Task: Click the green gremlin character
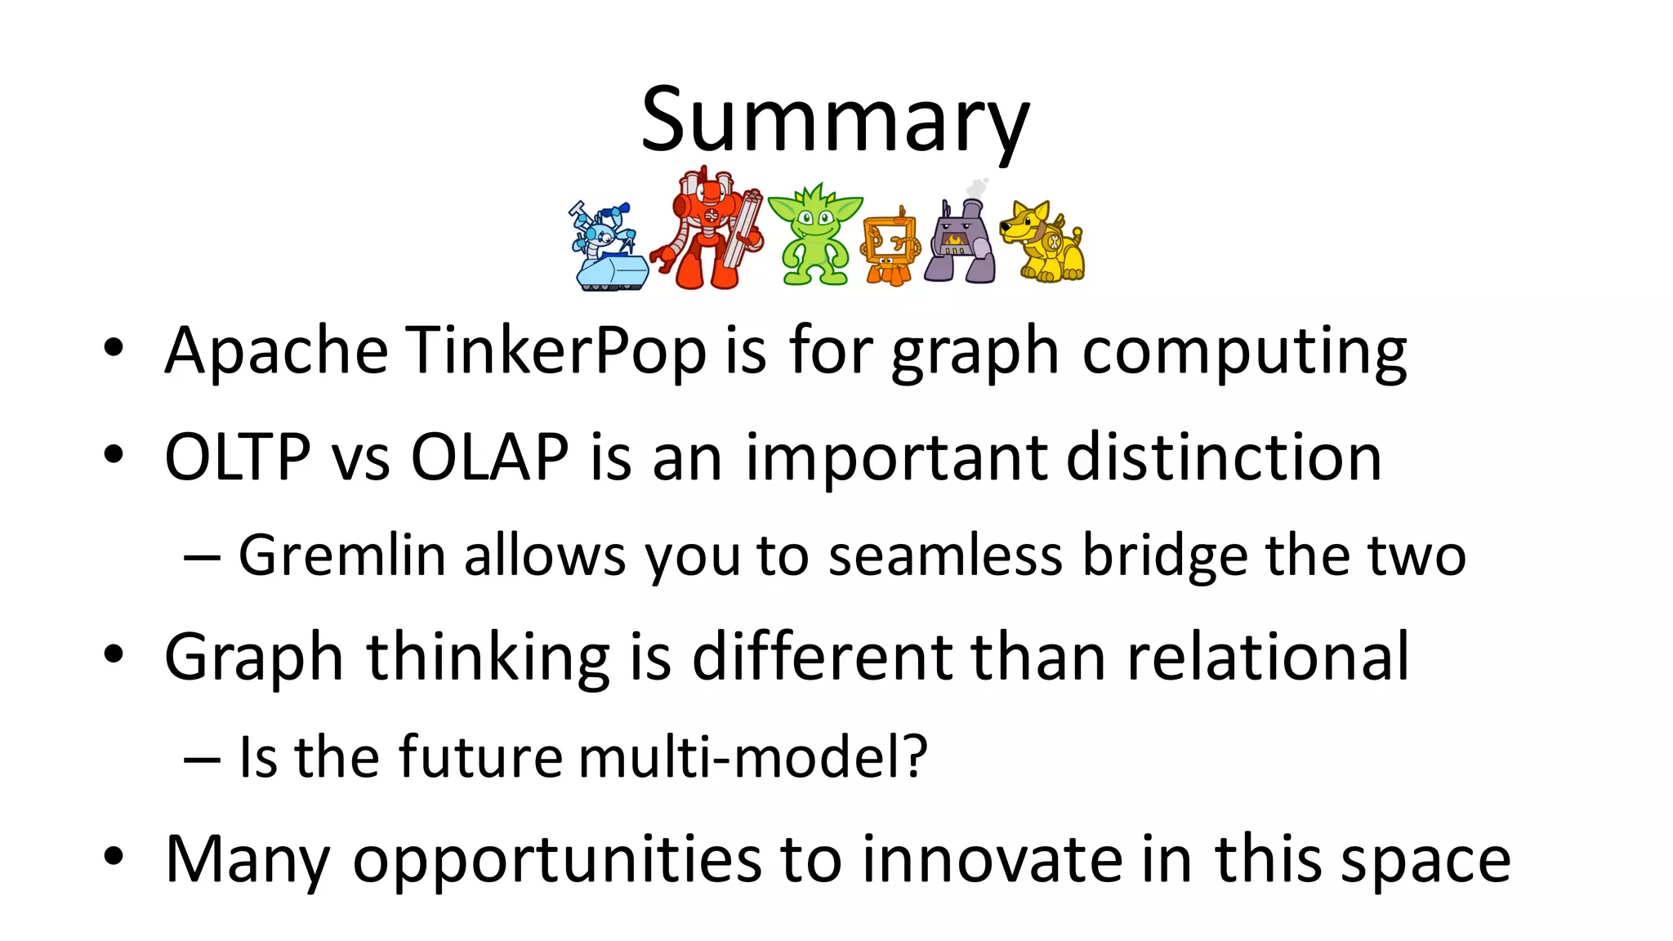pos(814,237)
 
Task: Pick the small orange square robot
pos(889,245)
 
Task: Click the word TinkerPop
pos(555,351)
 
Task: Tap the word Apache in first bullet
pos(276,351)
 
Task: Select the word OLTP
pos(237,457)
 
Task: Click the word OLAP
pos(489,457)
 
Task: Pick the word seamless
pos(945,555)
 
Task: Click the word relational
pos(1268,657)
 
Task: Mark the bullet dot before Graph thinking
pos(114,654)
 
